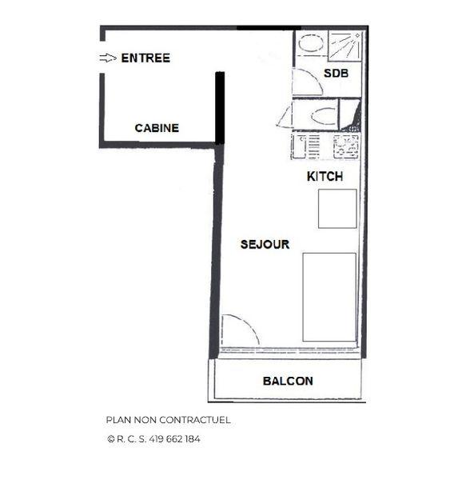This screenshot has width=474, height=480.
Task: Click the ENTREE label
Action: pos(145,58)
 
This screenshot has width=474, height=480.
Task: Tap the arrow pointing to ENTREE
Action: pos(108,58)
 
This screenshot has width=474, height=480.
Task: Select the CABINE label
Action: pos(157,128)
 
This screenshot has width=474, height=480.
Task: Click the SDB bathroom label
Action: pos(335,74)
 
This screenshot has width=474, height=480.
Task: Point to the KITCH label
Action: pos(325,177)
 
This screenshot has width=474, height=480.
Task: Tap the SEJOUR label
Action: pos(265,244)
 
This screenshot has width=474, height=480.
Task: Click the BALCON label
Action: pos(288,381)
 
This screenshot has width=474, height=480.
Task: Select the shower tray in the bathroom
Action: pos(345,46)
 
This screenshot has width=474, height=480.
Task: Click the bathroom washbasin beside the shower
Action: pos(310,44)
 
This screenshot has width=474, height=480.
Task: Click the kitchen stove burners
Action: pos(345,145)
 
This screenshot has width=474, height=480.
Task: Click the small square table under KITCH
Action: pos(337,209)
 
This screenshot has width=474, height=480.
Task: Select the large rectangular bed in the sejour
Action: pos(329,297)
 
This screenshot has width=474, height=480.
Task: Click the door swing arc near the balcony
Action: pos(240,330)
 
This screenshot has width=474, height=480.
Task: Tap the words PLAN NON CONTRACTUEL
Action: pos(168,419)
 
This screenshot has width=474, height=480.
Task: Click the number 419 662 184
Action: pos(173,438)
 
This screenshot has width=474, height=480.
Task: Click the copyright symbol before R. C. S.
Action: pos(110,438)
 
